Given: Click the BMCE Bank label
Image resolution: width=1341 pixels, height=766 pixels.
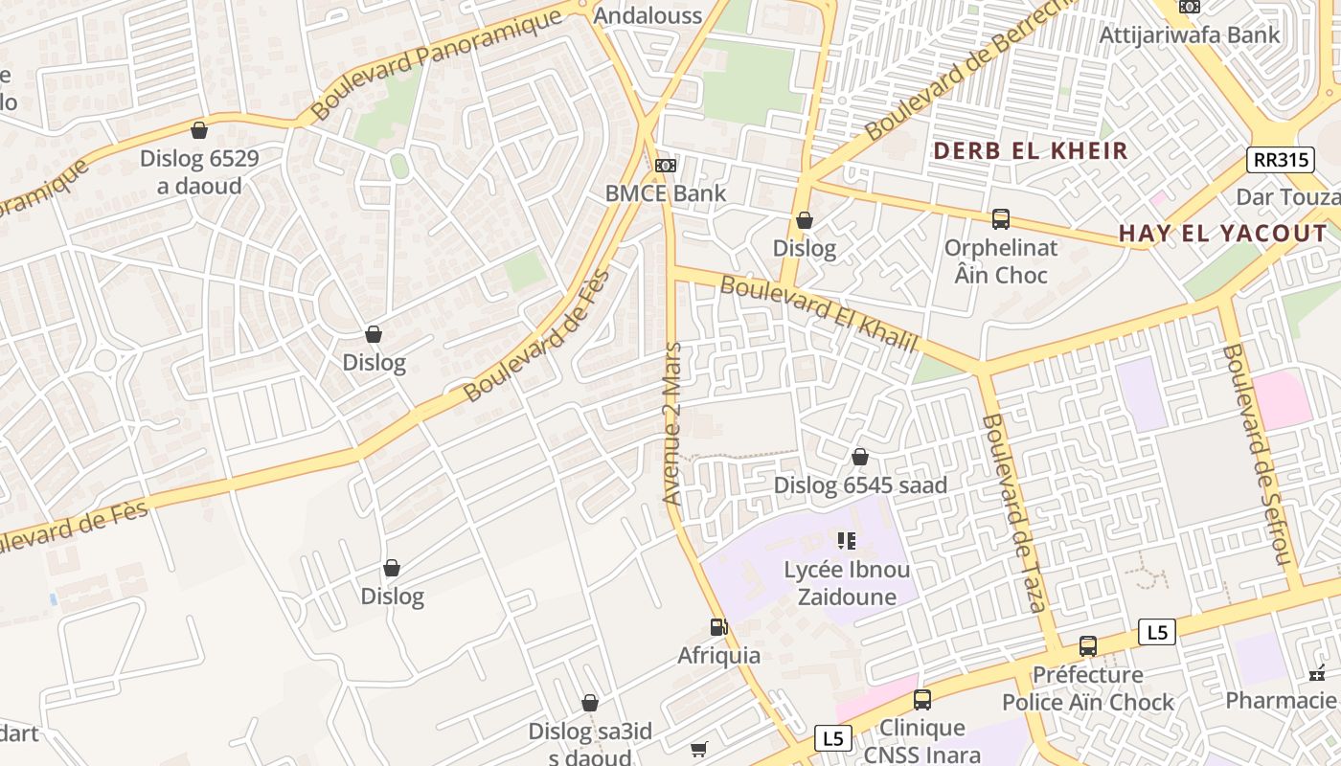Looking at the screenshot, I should pyautogui.click(x=666, y=193).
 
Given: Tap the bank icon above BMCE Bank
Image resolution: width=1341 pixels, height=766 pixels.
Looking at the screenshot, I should pyautogui.click(x=665, y=166).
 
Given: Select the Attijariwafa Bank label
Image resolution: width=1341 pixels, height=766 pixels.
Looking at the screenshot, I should pyautogui.click(x=1189, y=35).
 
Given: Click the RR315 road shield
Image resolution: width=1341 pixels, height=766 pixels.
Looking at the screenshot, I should pyautogui.click(x=1280, y=159).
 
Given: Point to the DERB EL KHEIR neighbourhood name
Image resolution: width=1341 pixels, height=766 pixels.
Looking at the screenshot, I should pyautogui.click(x=1031, y=151).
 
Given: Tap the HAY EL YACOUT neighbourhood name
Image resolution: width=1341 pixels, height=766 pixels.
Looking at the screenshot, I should pyautogui.click(x=1223, y=234).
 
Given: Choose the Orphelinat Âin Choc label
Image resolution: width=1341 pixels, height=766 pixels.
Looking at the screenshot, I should pyautogui.click(x=1001, y=261).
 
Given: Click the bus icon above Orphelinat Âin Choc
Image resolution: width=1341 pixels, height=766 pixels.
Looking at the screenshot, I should pyautogui.click(x=1001, y=219).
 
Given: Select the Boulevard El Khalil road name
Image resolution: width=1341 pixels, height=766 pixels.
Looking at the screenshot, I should pyautogui.click(x=819, y=313).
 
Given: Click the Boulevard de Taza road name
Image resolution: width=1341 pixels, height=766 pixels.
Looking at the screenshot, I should pyautogui.click(x=1014, y=513).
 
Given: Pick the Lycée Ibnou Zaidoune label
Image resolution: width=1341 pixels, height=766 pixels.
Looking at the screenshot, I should pyautogui.click(x=847, y=583).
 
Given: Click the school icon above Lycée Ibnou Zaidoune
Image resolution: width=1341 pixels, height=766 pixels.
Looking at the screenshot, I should pyautogui.click(x=847, y=541).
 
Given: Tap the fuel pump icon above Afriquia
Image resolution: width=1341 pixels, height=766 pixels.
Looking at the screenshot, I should pyautogui.click(x=718, y=627).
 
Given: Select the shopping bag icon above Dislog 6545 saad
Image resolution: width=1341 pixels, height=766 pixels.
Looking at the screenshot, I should pyautogui.click(x=860, y=457).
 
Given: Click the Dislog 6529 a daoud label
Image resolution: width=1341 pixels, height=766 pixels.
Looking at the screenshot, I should pyautogui.click(x=199, y=171).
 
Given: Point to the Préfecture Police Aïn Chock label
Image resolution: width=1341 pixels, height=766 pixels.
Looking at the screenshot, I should pyautogui.click(x=1088, y=688).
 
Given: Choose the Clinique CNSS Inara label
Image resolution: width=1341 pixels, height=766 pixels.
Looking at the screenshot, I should pyautogui.click(x=922, y=741).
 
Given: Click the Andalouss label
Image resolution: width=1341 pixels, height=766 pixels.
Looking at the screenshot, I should pyautogui.click(x=648, y=15).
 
